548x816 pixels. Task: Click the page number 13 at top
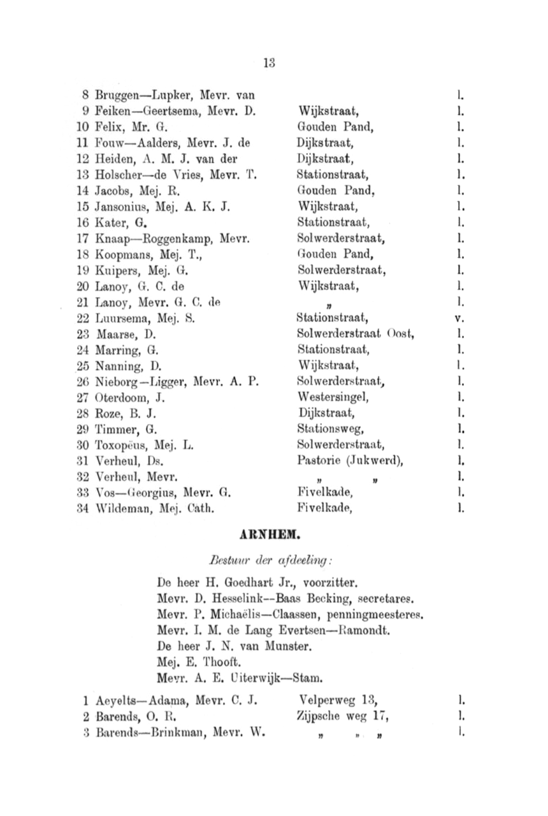point(268,62)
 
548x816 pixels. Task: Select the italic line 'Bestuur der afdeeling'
point(270,560)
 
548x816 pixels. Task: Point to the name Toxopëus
point(117,445)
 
